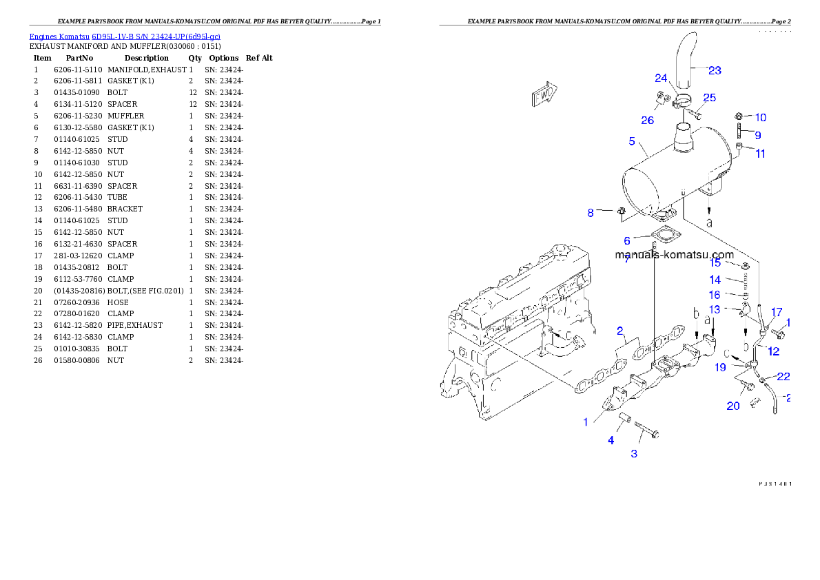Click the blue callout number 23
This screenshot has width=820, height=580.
click(x=715, y=70)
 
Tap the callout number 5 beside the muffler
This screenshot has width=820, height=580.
click(x=632, y=142)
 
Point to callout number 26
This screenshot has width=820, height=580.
click(x=647, y=121)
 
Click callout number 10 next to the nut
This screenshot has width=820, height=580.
click(x=760, y=118)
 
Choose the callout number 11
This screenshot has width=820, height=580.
click(x=760, y=154)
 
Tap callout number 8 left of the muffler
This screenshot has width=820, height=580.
click(x=591, y=213)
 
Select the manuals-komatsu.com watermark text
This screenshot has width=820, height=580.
click(x=674, y=254)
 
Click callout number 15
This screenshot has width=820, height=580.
click(x=715, y=262)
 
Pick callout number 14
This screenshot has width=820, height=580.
click(x=715, y=280)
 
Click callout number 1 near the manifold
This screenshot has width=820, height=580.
click(x=586, y=422)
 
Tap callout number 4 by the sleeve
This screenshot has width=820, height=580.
click(x=611, y=440)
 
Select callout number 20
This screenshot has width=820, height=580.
click(x=733, y=406)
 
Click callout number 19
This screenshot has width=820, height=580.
click(x=720, y=367)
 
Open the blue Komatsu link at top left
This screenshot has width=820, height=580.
click(x=125, y=37)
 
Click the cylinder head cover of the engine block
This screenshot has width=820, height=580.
click(x=524, y=282)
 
